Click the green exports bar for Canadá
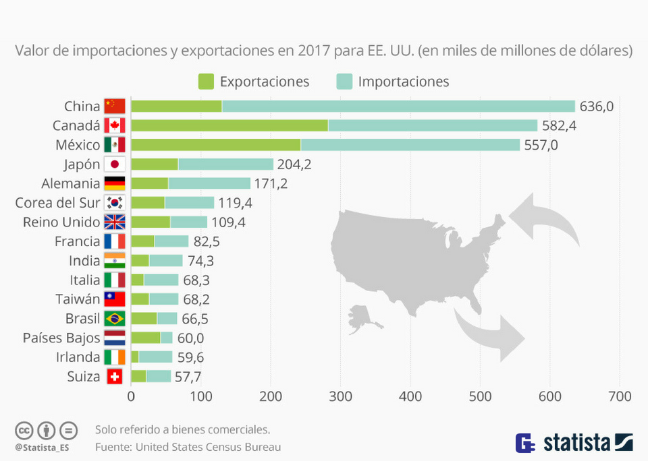pyautogui.click(x=229, y=125)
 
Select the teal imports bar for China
pyautogui.click(x=398, y=106)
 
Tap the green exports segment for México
pyautogui.click(x=215, y=145)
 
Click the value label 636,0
pyautogui.click(x=597, y=106)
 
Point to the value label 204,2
pyautogui.click(x=294, y=164)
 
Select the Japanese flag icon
pyautogui.click(x=115, y=164)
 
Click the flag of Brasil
pyautogui.click(x=115, y=319)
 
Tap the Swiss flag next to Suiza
pyautogui.click(x=115, y=377)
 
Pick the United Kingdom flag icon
pyautogui.click(x=115, y=222)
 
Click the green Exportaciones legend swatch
pyautogui.click(x=206, y=82)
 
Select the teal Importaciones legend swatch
pyautogui.click(x=344, y=82)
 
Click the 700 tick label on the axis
pyautogui.click(x=620, y=397)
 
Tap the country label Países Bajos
pyautogui.click(x=61, y=338)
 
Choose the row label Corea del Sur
pyautogui.click(x=57, y=203)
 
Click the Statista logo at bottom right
pyautogui.click(x=574, y=443)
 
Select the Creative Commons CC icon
pyautogui.click(x=24, y=430)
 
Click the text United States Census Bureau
pyautogui.click(x=208, y=446)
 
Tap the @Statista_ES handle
pyautogui.click(x=42, y=447)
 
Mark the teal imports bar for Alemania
pyautogui.click(x=209, y=183)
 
